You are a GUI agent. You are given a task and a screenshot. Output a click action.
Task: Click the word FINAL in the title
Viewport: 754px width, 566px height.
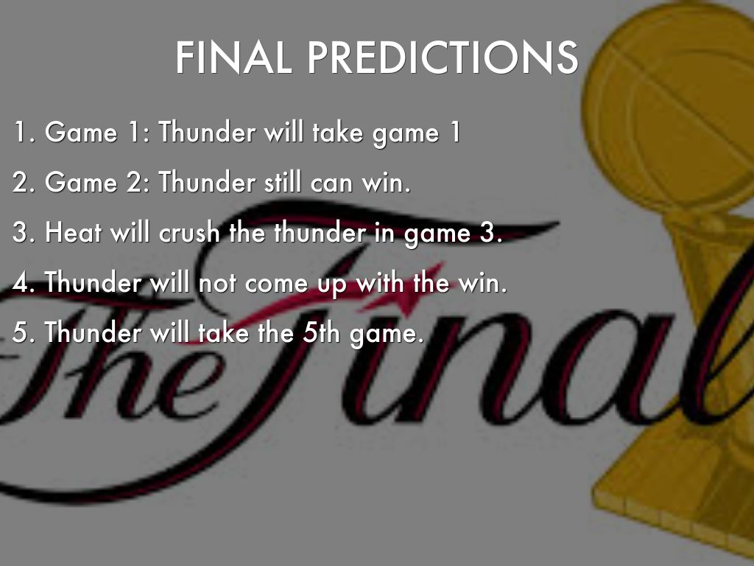click(x=233, y=57)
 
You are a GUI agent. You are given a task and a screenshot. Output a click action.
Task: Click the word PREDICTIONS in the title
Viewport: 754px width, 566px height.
click(x=443, y=57)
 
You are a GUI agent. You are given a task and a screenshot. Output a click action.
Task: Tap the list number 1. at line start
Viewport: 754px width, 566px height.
click(x=24, y=132)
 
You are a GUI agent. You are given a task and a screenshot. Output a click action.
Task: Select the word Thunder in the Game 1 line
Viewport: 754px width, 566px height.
click(x=207, y=132)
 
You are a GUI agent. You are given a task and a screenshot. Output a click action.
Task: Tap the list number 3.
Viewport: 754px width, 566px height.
click(x=24, y=232)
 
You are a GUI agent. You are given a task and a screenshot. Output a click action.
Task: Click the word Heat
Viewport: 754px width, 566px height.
click(x=73, y=232)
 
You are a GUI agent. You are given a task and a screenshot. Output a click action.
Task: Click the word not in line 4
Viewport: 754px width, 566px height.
click(x=217, y=282)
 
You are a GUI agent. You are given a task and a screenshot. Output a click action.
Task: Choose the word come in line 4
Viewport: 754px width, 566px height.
click(x=277, y=284)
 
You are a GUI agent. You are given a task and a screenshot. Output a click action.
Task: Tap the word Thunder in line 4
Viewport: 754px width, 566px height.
click(x=93, y=282)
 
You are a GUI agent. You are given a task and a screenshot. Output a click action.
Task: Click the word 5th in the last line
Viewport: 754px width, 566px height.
click(x=321, y=332)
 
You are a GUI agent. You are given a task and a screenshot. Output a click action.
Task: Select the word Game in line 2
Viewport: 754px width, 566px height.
click(x=81, y=182)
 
